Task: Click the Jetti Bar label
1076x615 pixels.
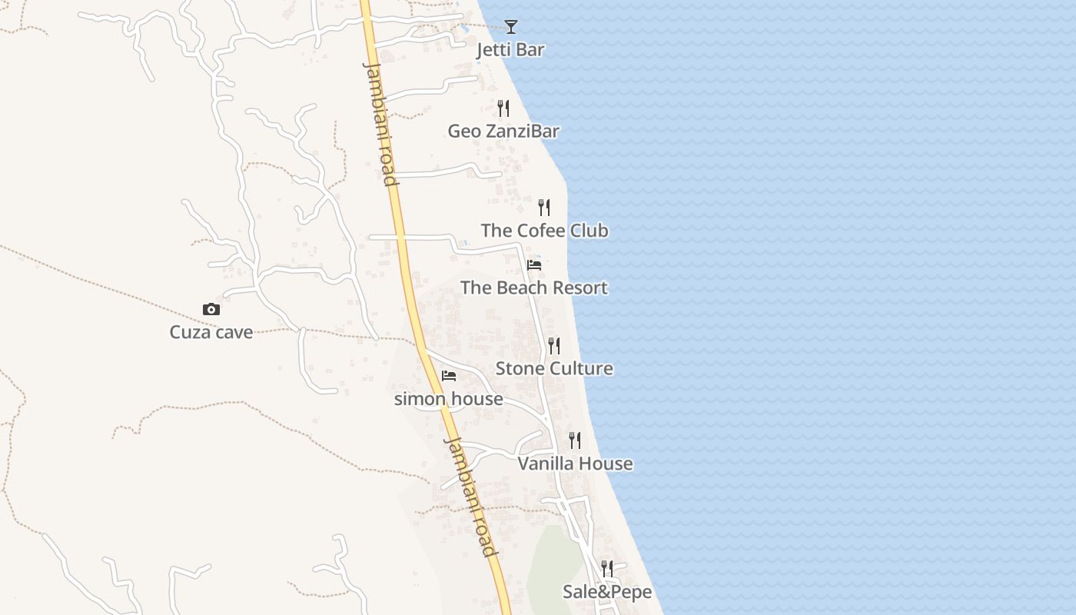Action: (x=510, y=50)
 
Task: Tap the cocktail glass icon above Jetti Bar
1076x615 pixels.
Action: (x=511, y=27)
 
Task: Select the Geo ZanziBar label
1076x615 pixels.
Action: (x=503, y=131)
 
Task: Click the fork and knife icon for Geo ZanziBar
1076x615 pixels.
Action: (x=503, y=108)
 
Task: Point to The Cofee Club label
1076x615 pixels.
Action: (x=544, y=231)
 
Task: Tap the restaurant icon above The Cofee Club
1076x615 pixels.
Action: (x=544, y=208)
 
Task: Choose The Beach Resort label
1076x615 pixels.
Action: (x=534, y=288)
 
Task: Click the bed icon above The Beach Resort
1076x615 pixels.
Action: (x=534, y=265)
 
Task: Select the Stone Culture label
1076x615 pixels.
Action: (x=554, y=368)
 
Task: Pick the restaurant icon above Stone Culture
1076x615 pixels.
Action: (x=554, y=346)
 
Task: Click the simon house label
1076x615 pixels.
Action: (x=449, y=399)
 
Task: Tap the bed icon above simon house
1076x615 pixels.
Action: (x=449, y=376)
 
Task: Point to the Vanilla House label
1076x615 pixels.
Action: (x=575, y=464)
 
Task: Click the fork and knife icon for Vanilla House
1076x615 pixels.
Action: (x=575, y=440)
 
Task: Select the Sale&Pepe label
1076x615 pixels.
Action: (x=607, y=592)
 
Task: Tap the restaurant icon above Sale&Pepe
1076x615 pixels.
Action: (x=607, y=569)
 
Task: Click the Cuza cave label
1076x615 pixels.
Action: (x=211, y=333)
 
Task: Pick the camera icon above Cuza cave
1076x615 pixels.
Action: (x=211, y=310)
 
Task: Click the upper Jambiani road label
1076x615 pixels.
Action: (x=380, y=123)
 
